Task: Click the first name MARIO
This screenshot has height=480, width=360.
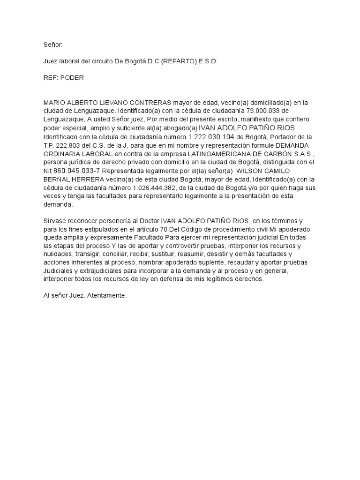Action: coord(54,102)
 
